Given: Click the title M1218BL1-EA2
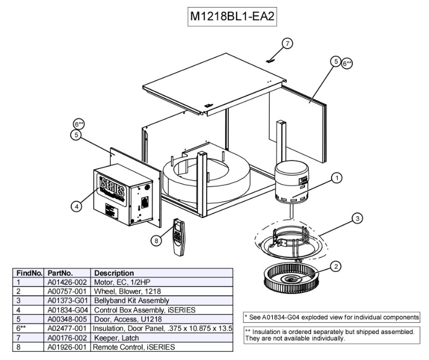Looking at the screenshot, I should click(232, 17).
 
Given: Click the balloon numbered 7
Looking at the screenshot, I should click(287, 43).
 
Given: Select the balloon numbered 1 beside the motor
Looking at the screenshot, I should click(336, 177).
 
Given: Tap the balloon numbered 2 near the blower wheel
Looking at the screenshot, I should click(336, 265).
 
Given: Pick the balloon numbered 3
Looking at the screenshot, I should click(357, 218).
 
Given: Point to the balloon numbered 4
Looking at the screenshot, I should click(77, 205).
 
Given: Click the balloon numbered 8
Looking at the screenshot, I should click(156, 241).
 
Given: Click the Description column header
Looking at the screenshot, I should click(115, 273).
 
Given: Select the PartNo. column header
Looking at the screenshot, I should click(60, 273).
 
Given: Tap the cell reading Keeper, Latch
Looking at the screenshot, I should click(116, 338).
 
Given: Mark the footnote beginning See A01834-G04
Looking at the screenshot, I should click(332, 317).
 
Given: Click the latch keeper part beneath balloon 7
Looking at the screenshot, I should click(270, 60).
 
